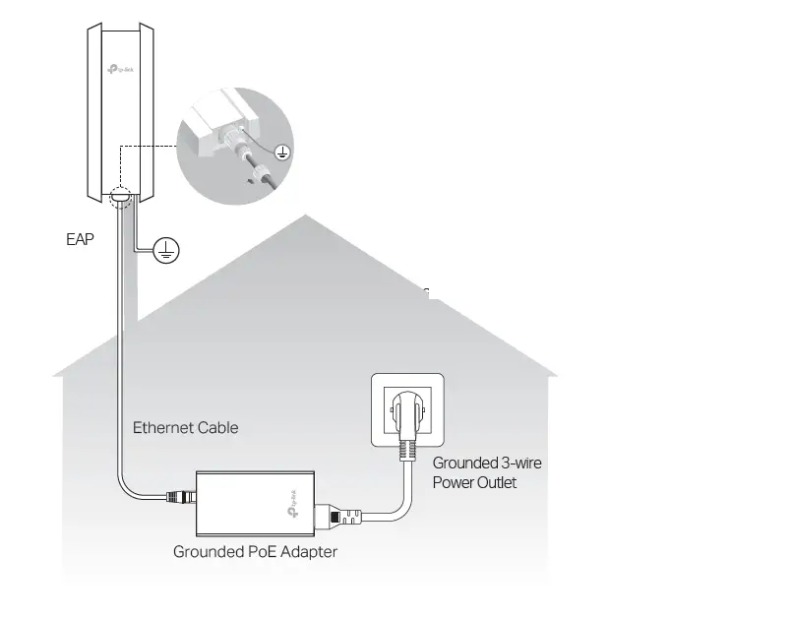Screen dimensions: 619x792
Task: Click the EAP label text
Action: coord(80,239)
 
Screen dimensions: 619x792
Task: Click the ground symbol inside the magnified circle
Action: coord(282,152)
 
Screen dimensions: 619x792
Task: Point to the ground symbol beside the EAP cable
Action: coord(166,252)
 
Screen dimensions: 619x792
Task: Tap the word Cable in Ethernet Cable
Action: coord(217,428)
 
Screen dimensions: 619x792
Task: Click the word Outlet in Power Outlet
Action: coord(497,482)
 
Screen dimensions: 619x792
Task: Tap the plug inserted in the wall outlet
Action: coord(406,413)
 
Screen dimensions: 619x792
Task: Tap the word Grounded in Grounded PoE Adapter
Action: coord(208,552)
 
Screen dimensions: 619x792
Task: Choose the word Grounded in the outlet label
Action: coord(465,463)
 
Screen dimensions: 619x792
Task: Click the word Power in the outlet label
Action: coord(453,482)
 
